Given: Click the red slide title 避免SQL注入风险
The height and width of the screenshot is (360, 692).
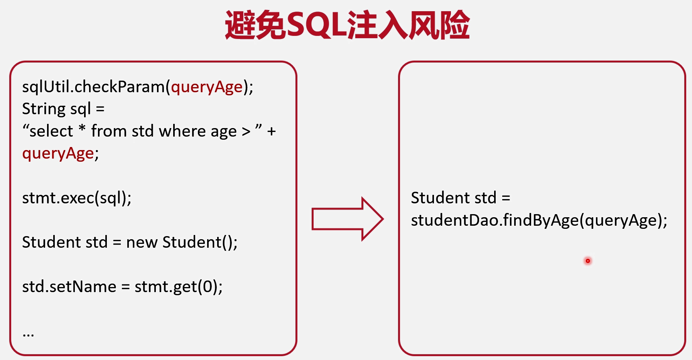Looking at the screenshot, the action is point(347,25).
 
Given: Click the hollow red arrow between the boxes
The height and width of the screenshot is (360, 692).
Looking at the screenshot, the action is point(347,219).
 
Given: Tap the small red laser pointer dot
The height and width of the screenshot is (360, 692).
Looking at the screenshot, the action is point(587,261).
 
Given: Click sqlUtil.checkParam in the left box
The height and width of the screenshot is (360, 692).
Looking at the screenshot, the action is point(93,87).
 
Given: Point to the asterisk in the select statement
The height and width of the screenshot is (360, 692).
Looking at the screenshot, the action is point(82,128).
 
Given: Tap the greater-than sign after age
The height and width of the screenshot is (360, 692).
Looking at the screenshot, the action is point(246,132).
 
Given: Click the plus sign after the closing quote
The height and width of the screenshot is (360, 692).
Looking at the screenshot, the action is point(272,132).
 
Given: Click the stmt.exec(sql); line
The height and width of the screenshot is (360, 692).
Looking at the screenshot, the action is point(77,198).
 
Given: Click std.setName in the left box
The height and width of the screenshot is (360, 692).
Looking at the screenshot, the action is point(69,287).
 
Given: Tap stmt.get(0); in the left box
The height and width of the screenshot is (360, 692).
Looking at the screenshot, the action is point(179,287).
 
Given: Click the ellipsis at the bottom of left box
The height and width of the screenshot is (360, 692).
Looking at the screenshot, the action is point(28,335).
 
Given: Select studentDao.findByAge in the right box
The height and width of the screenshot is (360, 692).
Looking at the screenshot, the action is point(495,220).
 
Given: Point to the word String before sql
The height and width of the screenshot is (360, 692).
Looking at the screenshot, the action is point(44,109).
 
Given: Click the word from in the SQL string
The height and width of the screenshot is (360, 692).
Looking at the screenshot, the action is point(109,131).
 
